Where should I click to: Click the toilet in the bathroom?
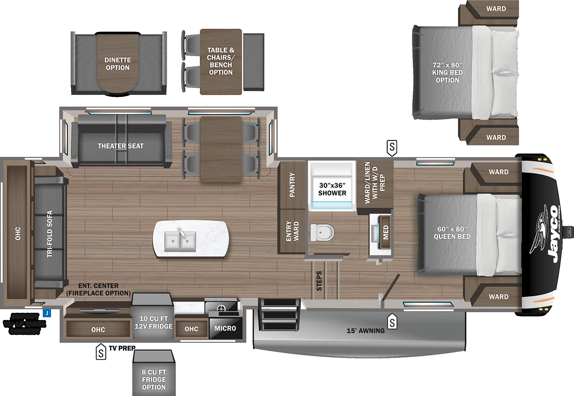coord(322,232)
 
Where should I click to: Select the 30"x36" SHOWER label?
coord(332,189)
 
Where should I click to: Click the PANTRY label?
coord(292,185)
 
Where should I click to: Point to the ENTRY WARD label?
coord(292,231)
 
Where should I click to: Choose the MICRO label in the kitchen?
coord(225,328)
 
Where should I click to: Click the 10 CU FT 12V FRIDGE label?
coord(153,322)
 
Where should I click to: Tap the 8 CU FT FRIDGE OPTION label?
coord(154,380)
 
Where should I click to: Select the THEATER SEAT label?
coord(120,146)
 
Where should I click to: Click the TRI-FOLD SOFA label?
coord(50,234)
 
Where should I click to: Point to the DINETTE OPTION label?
coord(118,64)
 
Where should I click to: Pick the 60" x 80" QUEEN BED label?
coord(452,233)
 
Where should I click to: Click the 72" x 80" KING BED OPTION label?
coord(447,72)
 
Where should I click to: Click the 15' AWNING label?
coord(365,331)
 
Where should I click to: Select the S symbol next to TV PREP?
coord(101,351)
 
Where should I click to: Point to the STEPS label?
coord(319,281)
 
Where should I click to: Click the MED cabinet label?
coord(386,232)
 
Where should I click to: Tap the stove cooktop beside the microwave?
coord(221,308)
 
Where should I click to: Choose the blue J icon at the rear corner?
coord(47,313)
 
